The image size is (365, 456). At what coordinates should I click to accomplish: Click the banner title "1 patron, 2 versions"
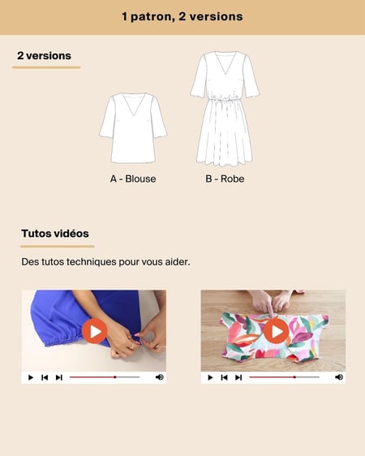182,16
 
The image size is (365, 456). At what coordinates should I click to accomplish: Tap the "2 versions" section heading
44,55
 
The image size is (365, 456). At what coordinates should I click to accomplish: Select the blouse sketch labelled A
133,128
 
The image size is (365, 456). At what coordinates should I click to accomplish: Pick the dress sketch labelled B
225,108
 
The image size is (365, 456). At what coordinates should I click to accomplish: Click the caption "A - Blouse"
133,179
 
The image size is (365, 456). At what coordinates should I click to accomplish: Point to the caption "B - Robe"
225,179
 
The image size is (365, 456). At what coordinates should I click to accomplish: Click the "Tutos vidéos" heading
55,234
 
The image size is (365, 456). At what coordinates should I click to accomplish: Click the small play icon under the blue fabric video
31,377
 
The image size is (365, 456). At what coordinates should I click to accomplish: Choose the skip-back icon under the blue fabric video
45,377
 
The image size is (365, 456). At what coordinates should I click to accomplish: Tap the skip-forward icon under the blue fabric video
59,377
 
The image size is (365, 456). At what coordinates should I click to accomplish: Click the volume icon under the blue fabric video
160,377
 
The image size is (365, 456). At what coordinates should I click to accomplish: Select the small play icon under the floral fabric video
210,377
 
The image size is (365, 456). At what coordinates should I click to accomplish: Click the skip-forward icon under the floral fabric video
238,377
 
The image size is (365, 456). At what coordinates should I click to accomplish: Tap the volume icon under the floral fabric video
339,377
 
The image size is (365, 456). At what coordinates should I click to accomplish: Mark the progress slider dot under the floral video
294,377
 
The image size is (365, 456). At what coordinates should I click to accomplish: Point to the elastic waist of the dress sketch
224,100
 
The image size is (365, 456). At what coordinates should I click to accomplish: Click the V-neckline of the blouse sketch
134,105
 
